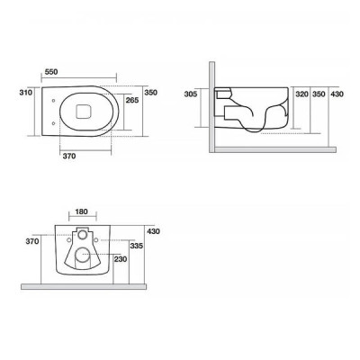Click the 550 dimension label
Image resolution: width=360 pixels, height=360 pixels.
coord(51,72)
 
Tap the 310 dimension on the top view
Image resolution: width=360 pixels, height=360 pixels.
coord(26,93)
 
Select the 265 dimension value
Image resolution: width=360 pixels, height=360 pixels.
coord(132,100)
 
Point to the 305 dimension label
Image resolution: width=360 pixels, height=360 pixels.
coord(191,94)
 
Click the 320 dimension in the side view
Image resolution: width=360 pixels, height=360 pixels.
coord(301,94)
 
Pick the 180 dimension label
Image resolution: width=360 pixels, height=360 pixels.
coord(81,211)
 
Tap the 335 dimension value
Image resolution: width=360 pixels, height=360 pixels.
coord(136,246)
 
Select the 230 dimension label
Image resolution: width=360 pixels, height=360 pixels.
coord(121,259)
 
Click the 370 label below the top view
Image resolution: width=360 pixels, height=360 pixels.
coord(69,156)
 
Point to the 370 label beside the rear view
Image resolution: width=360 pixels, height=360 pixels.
coord(32,241)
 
